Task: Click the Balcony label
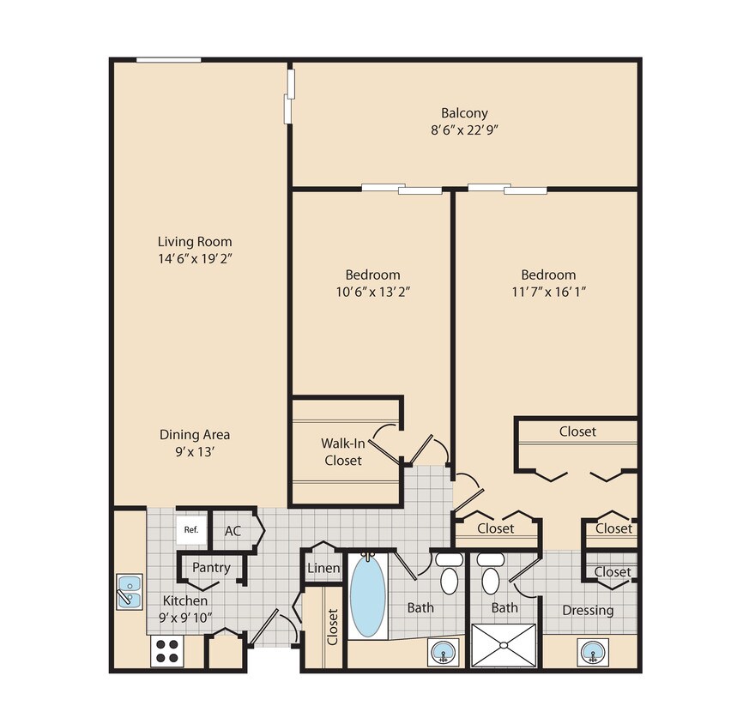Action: pos(464,113)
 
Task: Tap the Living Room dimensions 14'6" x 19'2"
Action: pos(194,258)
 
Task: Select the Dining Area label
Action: pos(195,434)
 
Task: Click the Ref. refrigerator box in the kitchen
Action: pos(191,529)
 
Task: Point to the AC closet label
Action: pos(233,531)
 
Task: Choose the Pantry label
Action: pos(210,567)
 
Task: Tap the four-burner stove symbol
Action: pos(168,651)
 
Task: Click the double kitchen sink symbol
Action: pos(130,591)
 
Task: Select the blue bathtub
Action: pos(368,598)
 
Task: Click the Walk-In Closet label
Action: pos(341,452)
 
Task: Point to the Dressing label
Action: pos(588,610)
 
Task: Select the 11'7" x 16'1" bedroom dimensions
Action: pos(548,292)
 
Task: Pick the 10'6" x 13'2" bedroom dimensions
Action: pos(372,292)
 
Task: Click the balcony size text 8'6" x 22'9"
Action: pos(464,130)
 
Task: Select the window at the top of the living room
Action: pos(169,60)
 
